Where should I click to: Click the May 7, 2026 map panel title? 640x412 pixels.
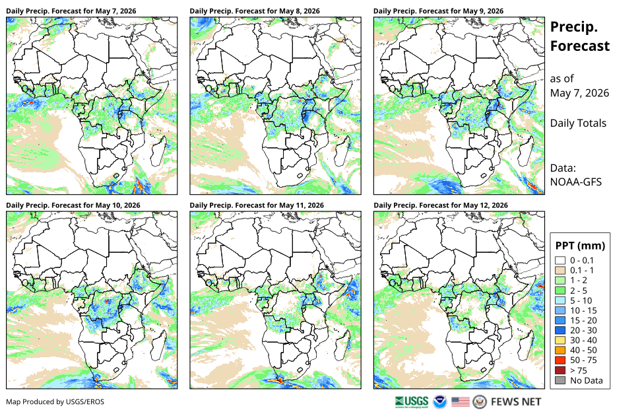pos(71,11)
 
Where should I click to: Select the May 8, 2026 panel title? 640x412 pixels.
pos(255,11)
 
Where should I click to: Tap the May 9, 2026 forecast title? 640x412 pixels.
pos(438,11)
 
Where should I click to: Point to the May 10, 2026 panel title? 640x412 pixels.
pos(73,205)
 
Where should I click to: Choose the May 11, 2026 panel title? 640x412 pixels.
pos(257,205)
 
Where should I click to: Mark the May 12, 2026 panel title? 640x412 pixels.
pos(441,205)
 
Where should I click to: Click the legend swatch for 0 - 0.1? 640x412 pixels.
pos(560,261)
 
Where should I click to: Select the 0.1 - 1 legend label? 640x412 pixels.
pos(582,270)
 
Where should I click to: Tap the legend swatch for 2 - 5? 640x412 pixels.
pos(560,291)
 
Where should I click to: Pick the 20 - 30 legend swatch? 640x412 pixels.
pos(560,330)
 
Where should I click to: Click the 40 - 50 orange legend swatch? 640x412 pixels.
pos(560,351)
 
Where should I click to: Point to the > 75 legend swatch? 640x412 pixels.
pos(560,370)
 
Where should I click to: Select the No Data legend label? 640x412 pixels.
pos(587,380)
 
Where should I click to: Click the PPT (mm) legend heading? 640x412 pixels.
pos(581,246)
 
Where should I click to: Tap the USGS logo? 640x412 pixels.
pos(412,402)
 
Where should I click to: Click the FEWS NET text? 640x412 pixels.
pos(516,402)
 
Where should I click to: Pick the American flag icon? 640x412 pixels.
pos(461,402)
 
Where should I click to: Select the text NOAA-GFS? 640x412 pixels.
pos(576,182)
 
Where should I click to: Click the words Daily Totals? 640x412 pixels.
pos(579,123)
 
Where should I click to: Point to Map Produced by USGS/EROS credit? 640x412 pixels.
pos(55,402)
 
